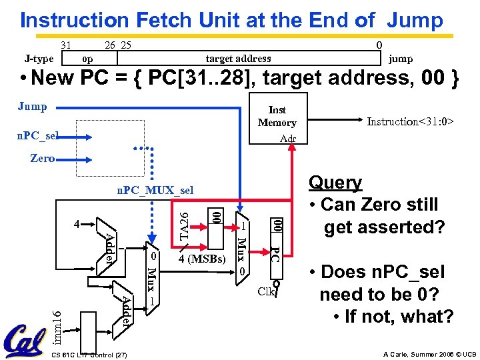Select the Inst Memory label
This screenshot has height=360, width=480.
point(277,116)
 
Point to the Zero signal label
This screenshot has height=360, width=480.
point(43,159)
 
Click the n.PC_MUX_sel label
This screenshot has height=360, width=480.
point(155,191)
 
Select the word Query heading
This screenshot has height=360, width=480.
point(336,183)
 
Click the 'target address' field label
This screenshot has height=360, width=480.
point(238,59)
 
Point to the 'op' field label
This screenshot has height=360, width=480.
point(87,59)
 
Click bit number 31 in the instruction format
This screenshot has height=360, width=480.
point(66,45)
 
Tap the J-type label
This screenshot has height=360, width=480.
point(39,59)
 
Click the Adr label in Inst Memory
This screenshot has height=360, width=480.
point(289,139)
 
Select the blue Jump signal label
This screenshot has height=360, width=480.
point(32,107)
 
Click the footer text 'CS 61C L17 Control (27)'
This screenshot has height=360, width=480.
point(89,353)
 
